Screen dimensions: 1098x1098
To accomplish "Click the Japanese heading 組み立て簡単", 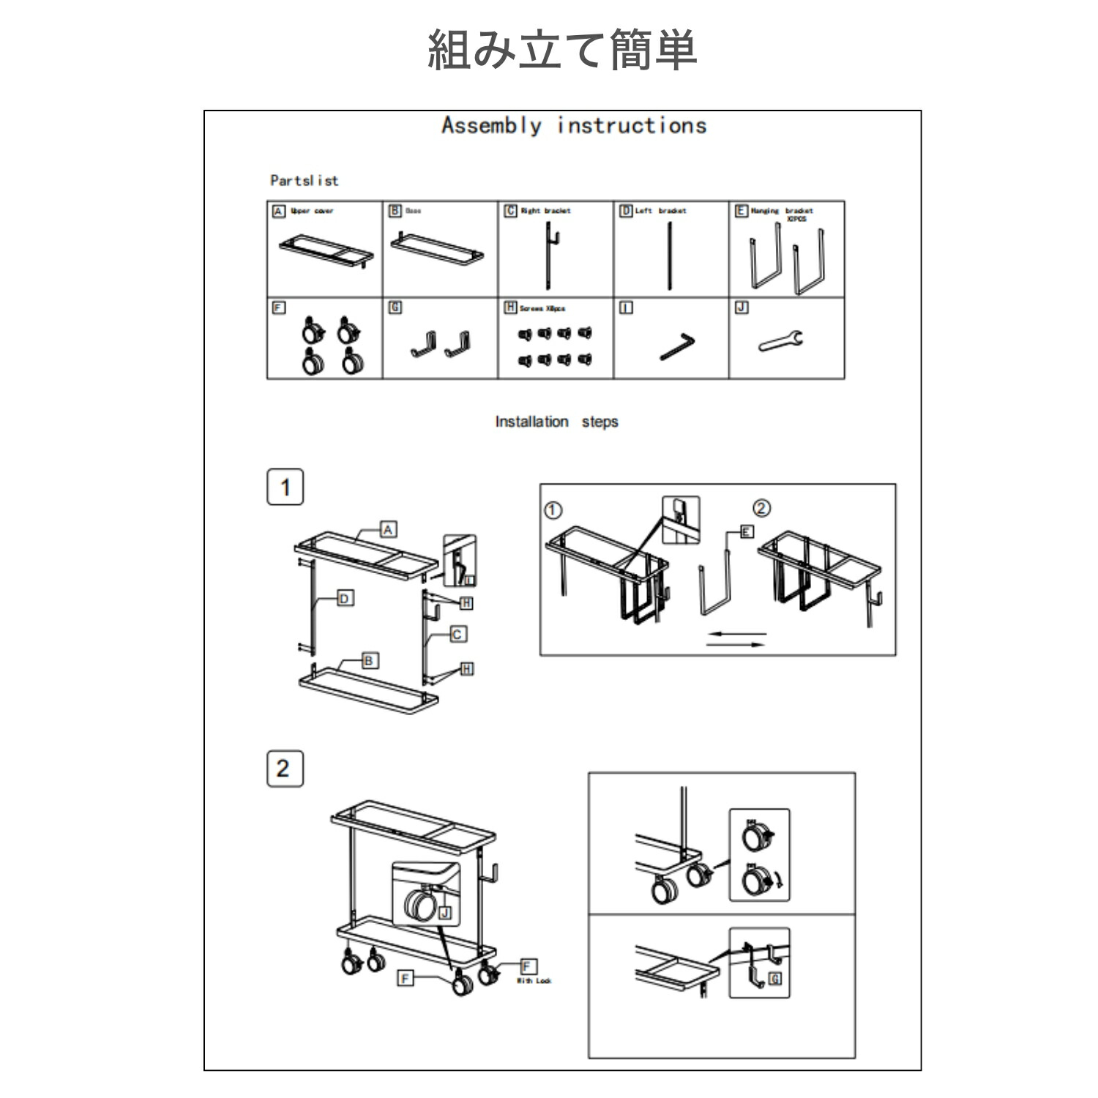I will point(561,50).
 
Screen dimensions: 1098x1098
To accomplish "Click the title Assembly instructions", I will point(574,126).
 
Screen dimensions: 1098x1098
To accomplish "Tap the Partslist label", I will point(304,180).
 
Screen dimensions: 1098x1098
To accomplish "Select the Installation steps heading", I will point(556,422).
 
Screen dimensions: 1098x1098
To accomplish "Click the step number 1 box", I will point(285,488).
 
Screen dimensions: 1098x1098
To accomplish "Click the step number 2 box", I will point(284,769).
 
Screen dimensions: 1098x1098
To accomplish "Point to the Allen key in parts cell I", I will point(677,346).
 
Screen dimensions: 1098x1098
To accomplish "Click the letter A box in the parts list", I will point(278,211).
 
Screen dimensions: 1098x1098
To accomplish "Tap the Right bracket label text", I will point(545,211).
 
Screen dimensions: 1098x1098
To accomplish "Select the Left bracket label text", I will point(660,211).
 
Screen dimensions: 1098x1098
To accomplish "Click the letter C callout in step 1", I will point(457,634).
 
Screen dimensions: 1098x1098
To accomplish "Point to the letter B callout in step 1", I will point(369,660).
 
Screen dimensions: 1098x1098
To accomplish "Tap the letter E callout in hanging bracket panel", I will point(746,531).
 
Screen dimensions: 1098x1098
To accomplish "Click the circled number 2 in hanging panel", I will point(761,508).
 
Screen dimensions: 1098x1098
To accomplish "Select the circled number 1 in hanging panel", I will point(553,509).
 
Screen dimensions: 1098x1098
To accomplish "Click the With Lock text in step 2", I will point(534,981).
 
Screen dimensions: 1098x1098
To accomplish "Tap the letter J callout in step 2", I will point(445,913).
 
